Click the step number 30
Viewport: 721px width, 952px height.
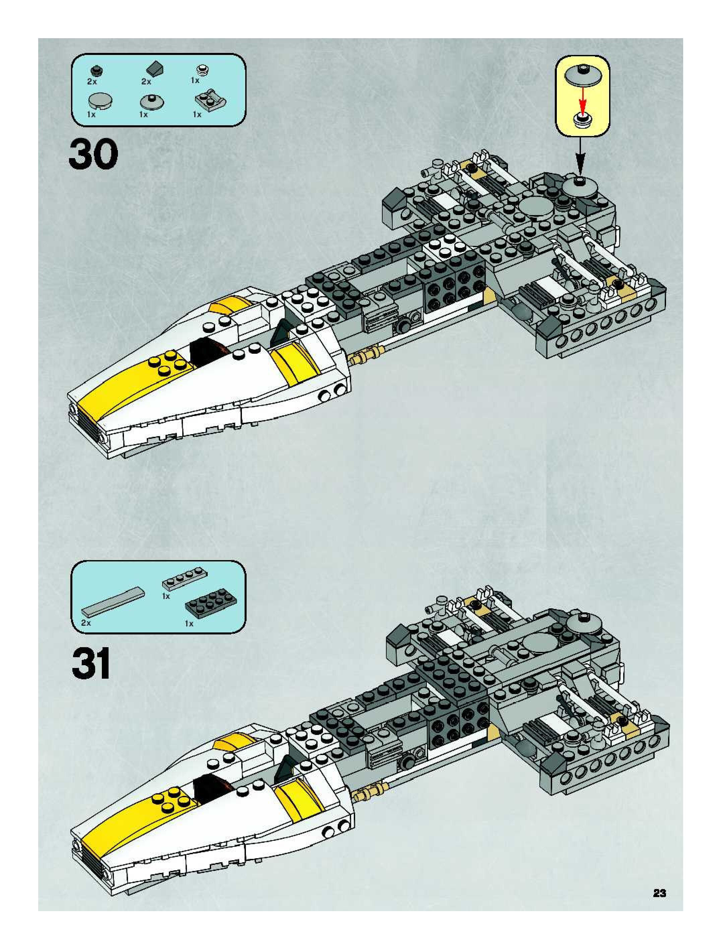tap(93, 154)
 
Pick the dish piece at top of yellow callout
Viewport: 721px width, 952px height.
tap(582, 76)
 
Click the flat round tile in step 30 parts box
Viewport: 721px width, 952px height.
tap(100, 101)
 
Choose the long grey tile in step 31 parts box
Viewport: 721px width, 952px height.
tap(113, 602)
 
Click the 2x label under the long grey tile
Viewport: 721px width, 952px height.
tap(86, 623)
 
